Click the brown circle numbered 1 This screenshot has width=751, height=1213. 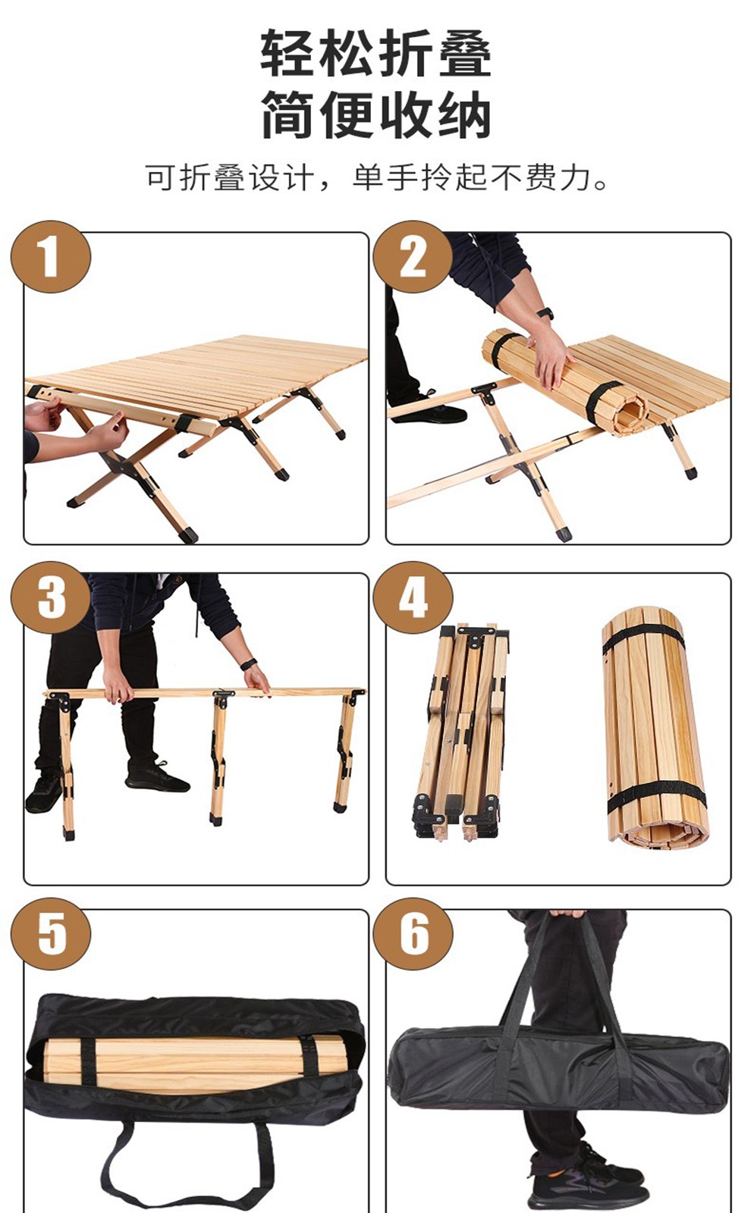(x=50, y=257)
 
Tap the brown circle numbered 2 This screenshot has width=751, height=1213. (x=413, y=257)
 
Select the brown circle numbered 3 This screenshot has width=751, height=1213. (x=50, y=597)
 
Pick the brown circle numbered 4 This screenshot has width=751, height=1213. (x=413, y=597)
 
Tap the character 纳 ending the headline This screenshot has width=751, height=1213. (x=465, y=114)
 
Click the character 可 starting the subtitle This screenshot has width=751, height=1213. (x=161, y=177)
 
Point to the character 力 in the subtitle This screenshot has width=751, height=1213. (x=574, y=177)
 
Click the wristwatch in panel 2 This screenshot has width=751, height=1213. (x=545, y=314)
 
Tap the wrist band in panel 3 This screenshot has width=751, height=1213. (x=247, y=664)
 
